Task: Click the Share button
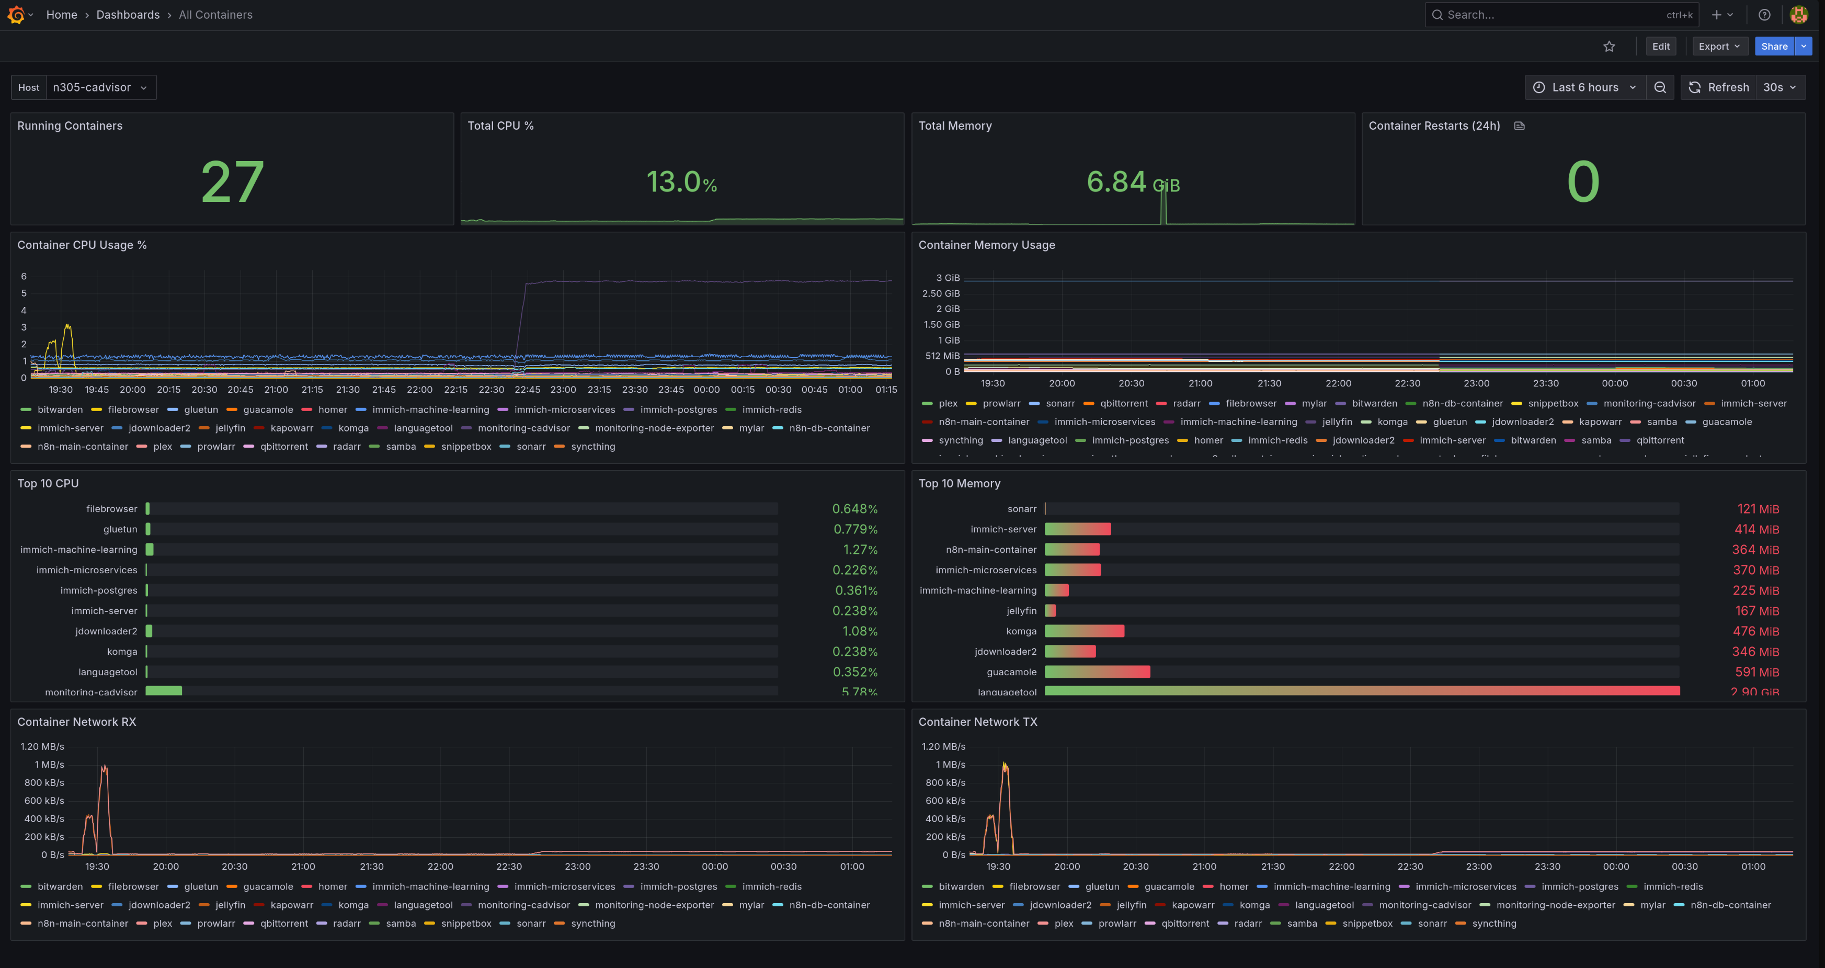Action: pyautogui.click(x=1773, y=46)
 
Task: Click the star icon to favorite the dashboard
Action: pyautogui.click(x=1609, y=46)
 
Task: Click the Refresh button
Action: pyautogui.click(x=1719, y=87)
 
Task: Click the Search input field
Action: pyautogui.click(x=1552, y=15)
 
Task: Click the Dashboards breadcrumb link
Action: pyautogui.click(x=128, y=15)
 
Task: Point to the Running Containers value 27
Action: pyautogui.click(x=232, y=182)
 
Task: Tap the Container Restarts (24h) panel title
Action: pyautogui.click(x=1434, y=126)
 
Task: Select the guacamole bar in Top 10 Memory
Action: pyautogui.click(x=1097, y=672)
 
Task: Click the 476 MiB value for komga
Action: pyautogui.click(x=1755, y=631)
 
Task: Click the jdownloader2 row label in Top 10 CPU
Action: pyautogui.click(x=106, y=631)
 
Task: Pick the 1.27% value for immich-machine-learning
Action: pyautogui.click(x=859, y=550)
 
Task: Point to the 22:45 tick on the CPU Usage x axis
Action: pyautogui.click(x=527, y=390)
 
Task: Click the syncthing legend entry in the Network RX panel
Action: pyautogui.click(x=592, y=924)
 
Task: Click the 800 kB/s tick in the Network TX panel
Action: pyautogui.click(x=944, y=782)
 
